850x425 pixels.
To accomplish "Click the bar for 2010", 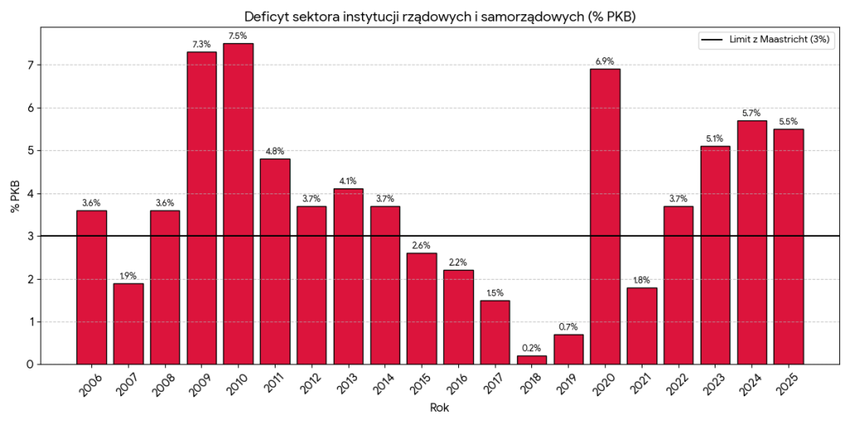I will tap(238, 203).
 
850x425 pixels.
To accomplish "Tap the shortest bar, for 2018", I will tap(532, 359).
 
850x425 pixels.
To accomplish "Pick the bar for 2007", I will tap(128, 323).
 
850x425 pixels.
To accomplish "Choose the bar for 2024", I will tap(752, 242).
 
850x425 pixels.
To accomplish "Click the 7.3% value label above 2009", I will tap(202, 43).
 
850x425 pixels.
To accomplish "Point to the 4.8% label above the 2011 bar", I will tap(275, 150).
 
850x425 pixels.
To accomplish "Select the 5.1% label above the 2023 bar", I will tap(715, 138).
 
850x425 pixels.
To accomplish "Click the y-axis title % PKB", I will tap(15, 195).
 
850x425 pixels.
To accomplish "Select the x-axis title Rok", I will tap(440, 408).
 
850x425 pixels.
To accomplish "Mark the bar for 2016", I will tap(458, 316).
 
